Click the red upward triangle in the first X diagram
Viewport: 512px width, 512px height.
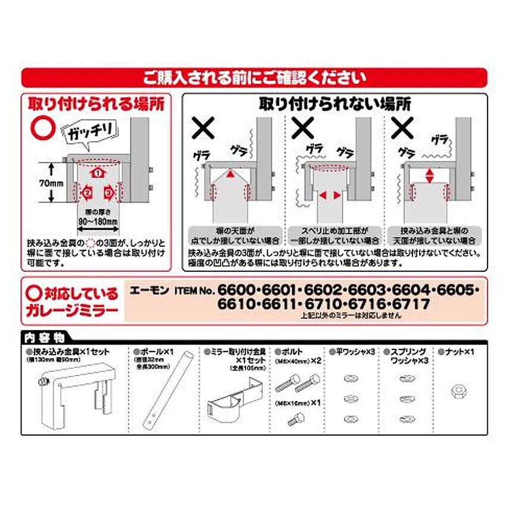pyautogui.click(x=229, y=174)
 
